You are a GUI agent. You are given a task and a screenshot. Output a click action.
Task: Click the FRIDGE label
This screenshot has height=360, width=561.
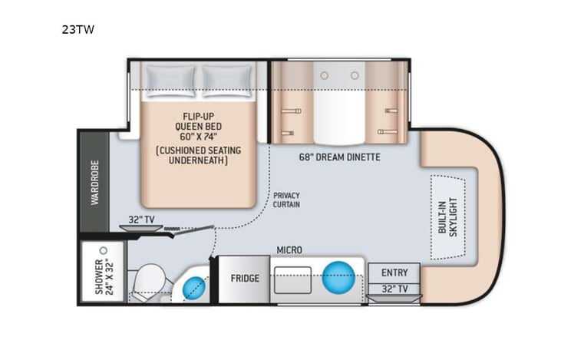point(245,278)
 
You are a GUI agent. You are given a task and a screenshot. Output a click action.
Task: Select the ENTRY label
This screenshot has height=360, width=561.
point(393,273)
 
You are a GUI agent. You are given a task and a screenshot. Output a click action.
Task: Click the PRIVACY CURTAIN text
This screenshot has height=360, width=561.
point(287,200)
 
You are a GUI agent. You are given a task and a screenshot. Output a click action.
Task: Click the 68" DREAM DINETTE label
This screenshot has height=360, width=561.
point(339,158)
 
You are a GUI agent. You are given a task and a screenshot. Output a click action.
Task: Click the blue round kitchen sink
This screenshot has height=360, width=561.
point(338,276)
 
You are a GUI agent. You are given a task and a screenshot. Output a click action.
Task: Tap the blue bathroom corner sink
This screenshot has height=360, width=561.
point(193,289)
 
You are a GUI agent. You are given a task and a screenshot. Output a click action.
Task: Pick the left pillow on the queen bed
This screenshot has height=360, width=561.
point(173,77)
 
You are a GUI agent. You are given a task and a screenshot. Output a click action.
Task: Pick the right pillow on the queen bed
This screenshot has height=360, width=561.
point(226,77)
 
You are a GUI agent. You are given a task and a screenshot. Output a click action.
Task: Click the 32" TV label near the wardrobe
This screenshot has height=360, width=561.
point(143,220)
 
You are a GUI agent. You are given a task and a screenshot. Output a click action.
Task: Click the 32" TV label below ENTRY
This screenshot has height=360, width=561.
point(393,289)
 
